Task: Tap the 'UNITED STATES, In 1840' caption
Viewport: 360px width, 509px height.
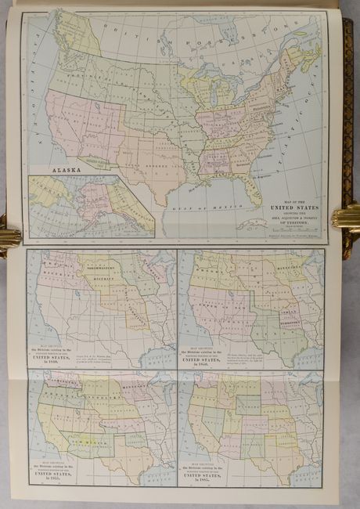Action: point(58,354)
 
